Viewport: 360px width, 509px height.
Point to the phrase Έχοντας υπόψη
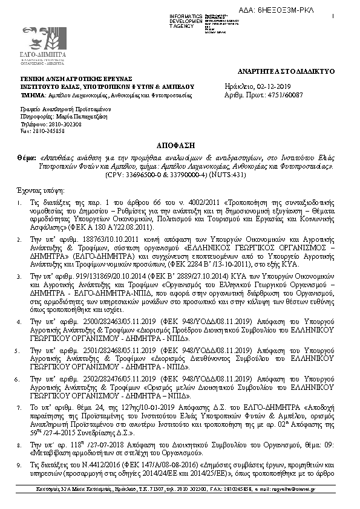(x=36, y=189)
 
